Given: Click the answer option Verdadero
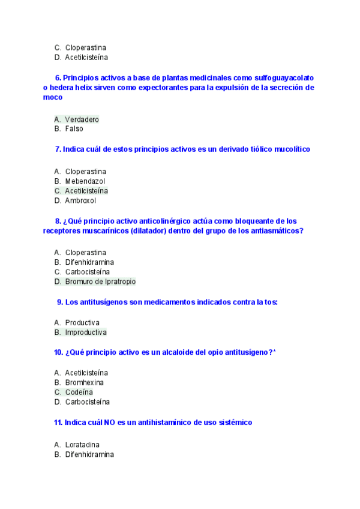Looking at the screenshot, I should [x=82, y=119].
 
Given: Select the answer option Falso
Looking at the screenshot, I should [x=74, y=129].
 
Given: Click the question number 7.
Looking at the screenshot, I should [x=58, y=149].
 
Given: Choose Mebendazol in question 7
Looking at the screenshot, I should [x=85, y=181].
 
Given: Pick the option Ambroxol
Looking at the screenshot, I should [x=80, y=201].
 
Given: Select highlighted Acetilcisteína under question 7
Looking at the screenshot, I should [x=86, y=191].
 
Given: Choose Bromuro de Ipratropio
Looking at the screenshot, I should [x=100, y=282].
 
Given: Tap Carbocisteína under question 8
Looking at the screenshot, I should [x=89, y=272].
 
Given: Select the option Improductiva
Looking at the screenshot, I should [x=86, y=333].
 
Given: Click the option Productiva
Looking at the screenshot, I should [x=82, y=323].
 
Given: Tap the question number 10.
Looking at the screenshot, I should [x=58, y=352].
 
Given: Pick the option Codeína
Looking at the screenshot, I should [x=79, y=393].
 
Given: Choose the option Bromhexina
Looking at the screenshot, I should [x=84, y=383].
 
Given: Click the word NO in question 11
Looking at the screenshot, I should [x=109, y=423].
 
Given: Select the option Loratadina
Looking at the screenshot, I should [x=82, y=445].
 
